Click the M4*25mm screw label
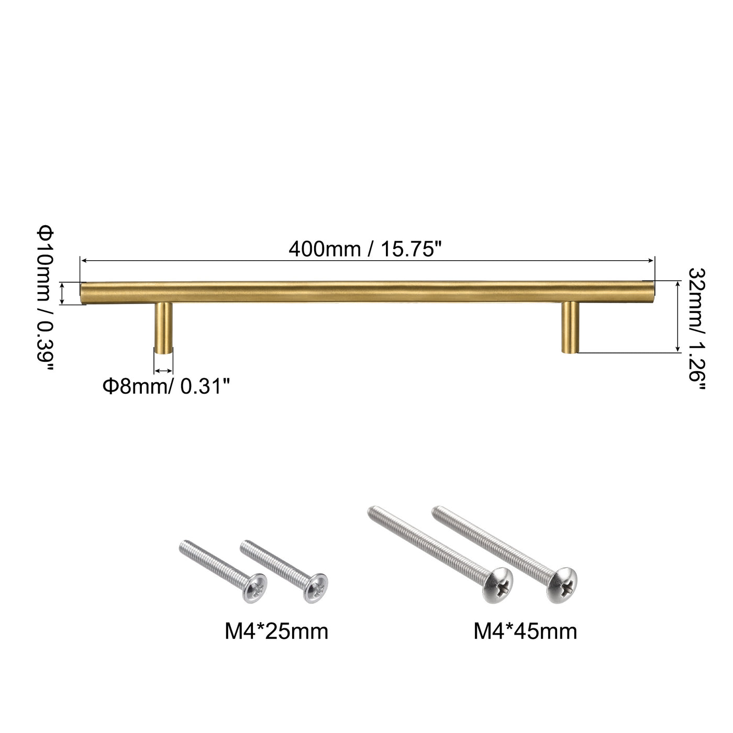coord(276,631)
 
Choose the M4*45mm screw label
coord(525,631)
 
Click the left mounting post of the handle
coord(163,328)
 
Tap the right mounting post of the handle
coord(570,327)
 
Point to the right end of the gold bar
coord(651,291)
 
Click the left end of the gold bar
coord(84,292)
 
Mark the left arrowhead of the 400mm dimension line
coord(82,260)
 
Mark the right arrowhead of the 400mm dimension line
coord(652,260)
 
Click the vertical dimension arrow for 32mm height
coord(678,317)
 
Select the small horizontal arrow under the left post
coord(163,371)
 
